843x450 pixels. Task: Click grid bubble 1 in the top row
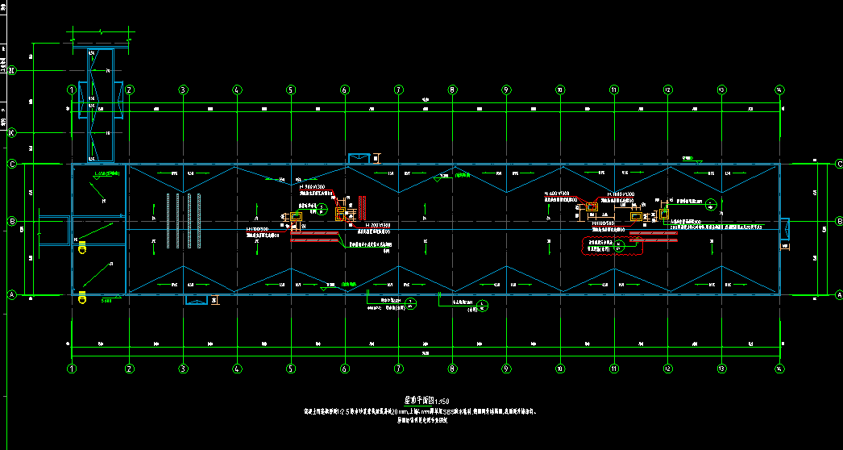[72, 90]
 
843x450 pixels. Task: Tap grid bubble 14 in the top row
[779, 90]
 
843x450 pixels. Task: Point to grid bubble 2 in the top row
[129, 90]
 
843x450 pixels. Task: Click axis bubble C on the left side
[12, 165]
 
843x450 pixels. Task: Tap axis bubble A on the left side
[12, 294]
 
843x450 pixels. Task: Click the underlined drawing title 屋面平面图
[420, 399]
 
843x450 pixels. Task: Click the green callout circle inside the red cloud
[619, 248]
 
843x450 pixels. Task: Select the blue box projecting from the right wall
[784, 229]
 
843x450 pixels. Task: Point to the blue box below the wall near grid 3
[196, 300]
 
